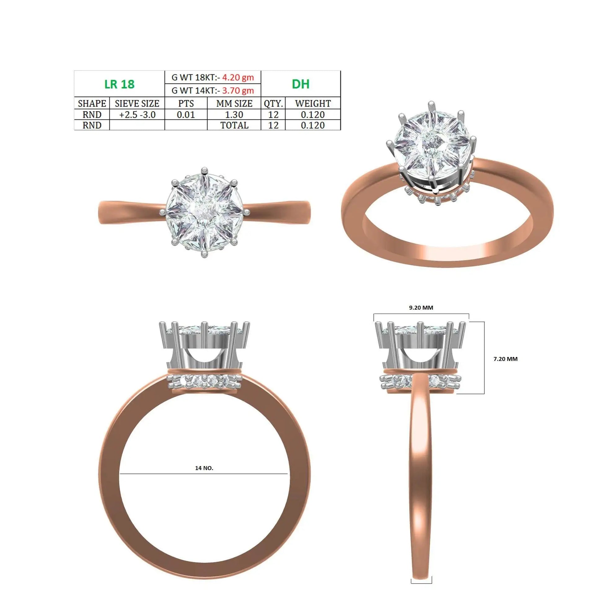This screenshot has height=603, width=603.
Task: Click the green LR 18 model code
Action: coord(120,84)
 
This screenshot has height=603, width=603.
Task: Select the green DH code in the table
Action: coord(300,84)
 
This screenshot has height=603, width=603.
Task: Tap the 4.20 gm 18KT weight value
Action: coord(238,77)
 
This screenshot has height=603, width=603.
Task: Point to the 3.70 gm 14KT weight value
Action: coord(238,90)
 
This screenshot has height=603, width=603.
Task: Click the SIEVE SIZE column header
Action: coord(137,103)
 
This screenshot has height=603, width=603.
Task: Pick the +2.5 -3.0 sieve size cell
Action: coord(137,115)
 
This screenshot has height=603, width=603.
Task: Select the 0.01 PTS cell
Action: coord(186,115)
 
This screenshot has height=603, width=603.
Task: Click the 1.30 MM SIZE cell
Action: coord(234,115)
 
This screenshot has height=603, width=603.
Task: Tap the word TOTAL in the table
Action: coord(234,125)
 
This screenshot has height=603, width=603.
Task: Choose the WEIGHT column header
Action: coord(313,103)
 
